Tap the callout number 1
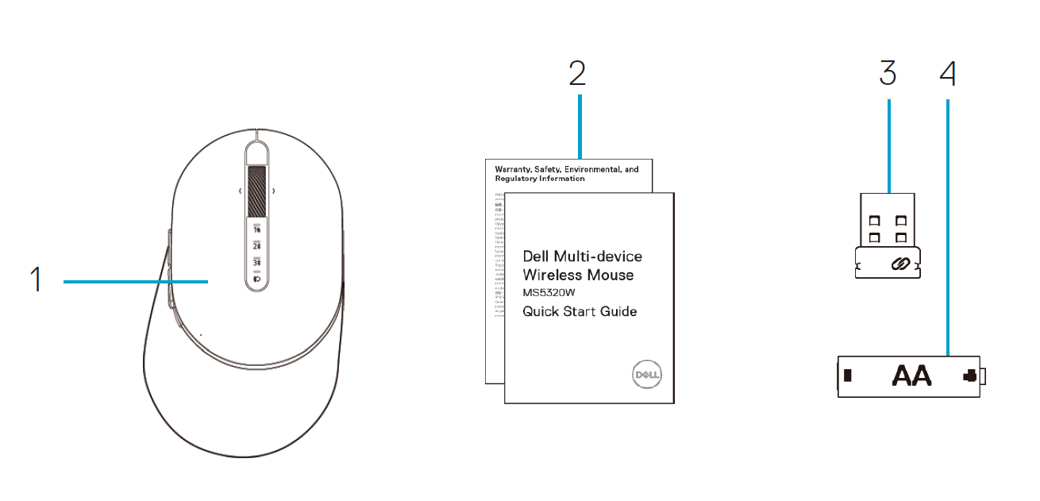(37, 280)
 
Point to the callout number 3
(888, 73)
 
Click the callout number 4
(947, 73)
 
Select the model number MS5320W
(547, 294)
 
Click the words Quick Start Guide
(580, 312)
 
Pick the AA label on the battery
(911, 375)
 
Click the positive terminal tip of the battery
(985, 376)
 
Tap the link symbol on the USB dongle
(899, 264)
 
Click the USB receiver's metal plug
(888, 222)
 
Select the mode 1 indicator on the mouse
(256, 229)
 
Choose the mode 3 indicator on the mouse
(256, 263)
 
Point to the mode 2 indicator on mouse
(256, 246)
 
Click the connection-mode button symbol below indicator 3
(256, 279)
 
